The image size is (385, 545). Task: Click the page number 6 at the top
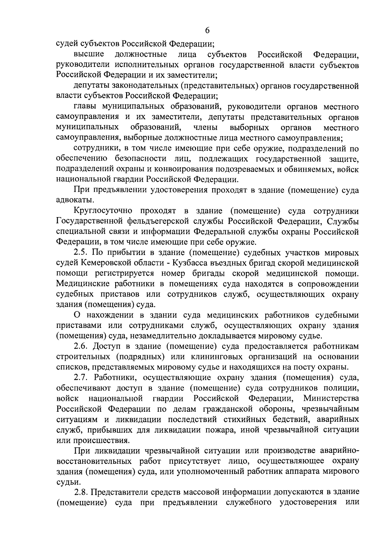(207, 31)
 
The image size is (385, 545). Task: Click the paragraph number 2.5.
(81, 253)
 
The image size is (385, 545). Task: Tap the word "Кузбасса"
(190, 263)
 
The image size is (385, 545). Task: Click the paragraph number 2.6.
(81, 347)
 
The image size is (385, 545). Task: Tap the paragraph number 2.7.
(81, 378)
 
